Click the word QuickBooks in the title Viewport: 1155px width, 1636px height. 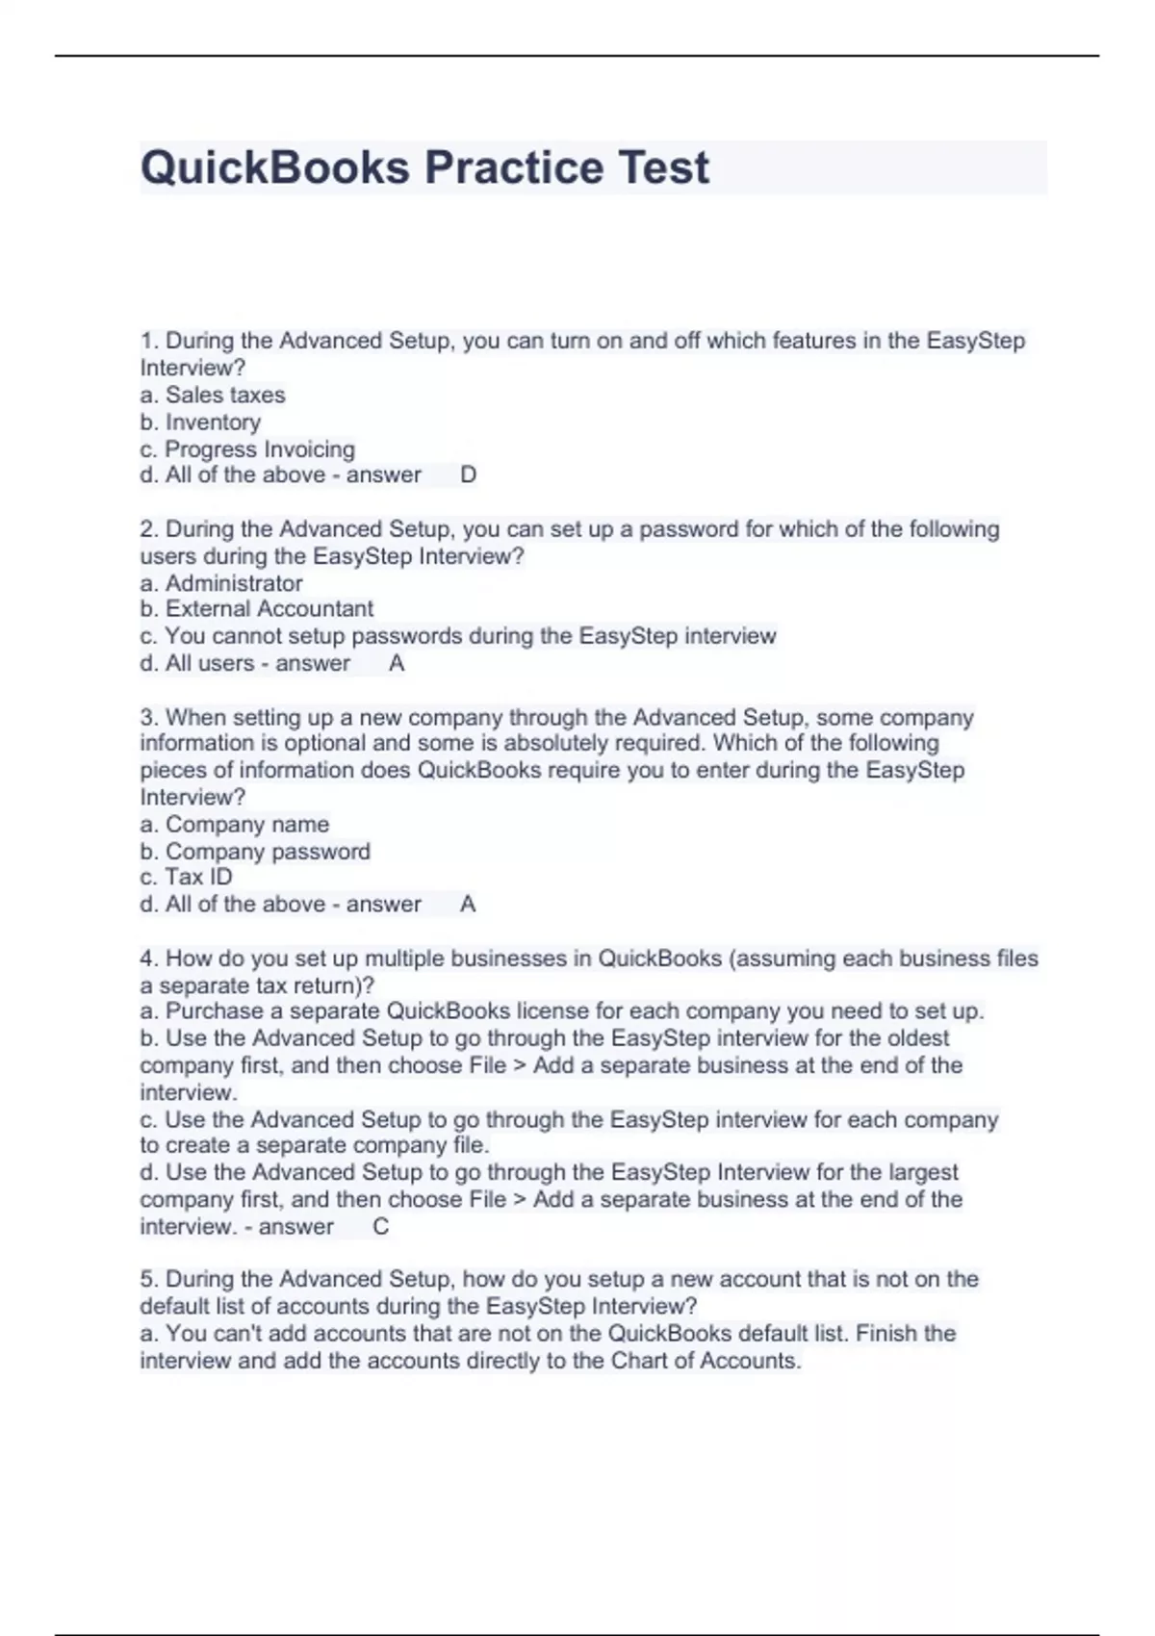[x=275, y=168]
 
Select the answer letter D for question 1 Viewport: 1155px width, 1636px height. [x=469, y=475]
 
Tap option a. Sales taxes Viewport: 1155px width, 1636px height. [x=213, y=396]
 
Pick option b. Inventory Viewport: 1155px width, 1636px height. [x=200, y=422]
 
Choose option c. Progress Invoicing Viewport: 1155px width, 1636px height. [x=247, y=449]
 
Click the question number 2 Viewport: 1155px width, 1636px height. [x=148, y=529]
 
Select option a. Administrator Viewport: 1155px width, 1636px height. [x=221, y=583]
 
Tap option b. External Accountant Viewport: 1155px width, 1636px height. [x=257, y=609]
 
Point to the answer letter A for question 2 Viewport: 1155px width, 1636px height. [x=397, y=664]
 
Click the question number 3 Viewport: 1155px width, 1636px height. [x=148, y=718]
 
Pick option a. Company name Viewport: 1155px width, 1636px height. [x=235, y=825]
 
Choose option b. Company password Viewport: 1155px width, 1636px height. [x=255, y=852]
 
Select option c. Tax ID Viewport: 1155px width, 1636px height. [x=187, y=878]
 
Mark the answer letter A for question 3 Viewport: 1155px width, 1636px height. [x=468, y=905]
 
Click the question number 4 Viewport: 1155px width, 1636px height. [x=148, y=959]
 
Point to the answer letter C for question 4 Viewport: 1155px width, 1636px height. [x=380, y=1227]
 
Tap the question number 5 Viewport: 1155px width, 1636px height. [x=148, y=1280]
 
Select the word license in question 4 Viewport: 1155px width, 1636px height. [x=549, y=1011]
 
